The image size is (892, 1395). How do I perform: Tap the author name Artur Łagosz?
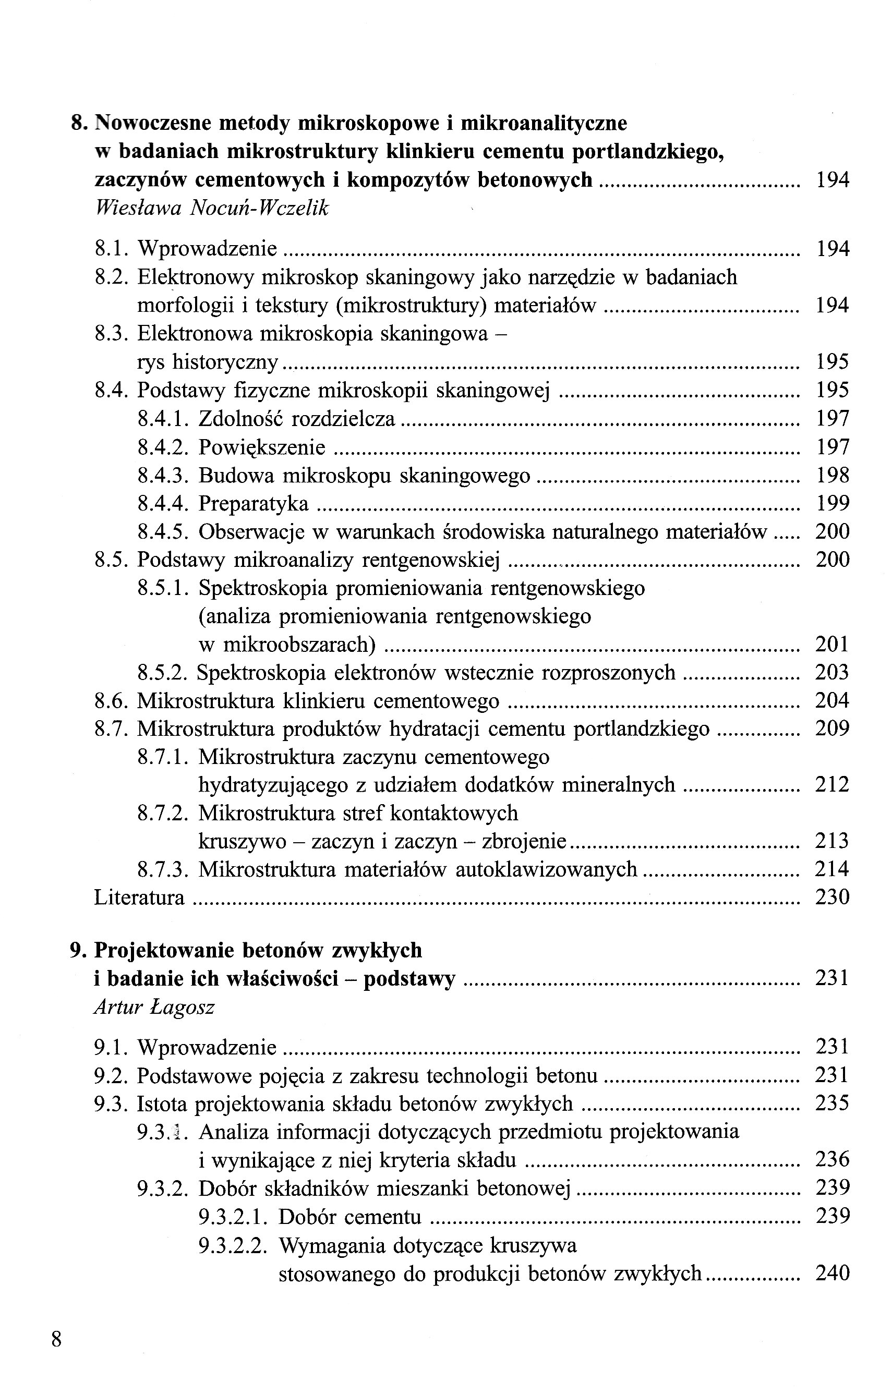(153, 1007)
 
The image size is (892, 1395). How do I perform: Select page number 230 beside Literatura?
(831, 897)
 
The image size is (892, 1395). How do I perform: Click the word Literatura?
(139, 897)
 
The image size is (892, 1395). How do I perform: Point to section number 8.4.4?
(163, 503)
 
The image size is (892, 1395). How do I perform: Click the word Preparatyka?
(254, 503)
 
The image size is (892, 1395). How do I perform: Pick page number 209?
(831, 728)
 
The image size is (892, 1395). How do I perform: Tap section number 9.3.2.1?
(233, 1217)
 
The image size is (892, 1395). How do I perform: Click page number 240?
(831, 1273)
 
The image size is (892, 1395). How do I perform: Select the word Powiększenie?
(262, 447)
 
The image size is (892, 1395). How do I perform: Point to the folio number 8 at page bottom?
(57, 1340)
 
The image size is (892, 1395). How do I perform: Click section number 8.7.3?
(163, 869)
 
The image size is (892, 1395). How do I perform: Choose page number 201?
(831, 644)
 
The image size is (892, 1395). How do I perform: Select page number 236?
(831, 1160)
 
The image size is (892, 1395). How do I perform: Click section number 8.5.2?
(163, 673)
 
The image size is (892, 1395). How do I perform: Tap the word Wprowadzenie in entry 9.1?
(207, 1047)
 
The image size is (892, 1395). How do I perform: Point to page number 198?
(831, 476)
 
